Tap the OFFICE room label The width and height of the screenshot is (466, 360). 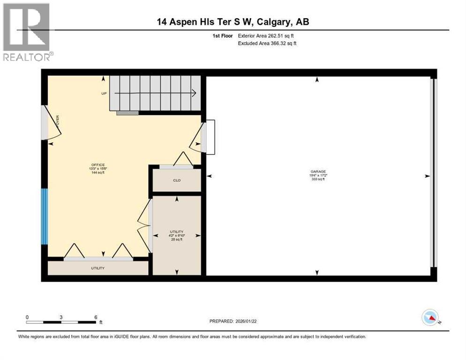click(x=98, y=165)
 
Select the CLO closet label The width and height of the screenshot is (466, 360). click(x=177, y=180)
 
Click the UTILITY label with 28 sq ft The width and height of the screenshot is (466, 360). click(x=177, y=232)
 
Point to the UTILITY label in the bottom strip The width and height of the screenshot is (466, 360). click(x=98, y=268)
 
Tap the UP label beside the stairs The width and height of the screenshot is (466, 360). click(x=104, y=93)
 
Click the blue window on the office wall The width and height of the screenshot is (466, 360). click(x=44, y=216)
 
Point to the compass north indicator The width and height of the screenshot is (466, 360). click(x=430, y=318)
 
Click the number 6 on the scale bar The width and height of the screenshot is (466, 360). click(x=96, y=317)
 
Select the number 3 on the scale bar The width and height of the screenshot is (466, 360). click(x=61, y=317)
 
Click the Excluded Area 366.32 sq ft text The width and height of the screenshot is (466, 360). click(x=268, y=43)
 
